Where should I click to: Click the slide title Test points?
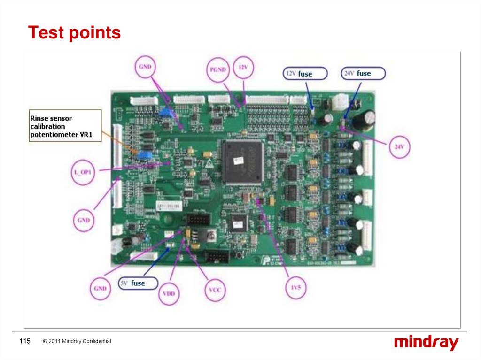74,33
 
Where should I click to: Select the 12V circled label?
243,68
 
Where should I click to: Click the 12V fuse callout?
305,73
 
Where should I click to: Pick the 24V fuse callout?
363,73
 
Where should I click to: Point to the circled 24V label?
399,147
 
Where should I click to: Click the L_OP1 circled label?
85,173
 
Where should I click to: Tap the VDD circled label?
169,293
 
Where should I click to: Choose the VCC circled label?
214,291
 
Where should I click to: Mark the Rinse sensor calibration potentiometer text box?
64,126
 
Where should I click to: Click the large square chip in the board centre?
242,161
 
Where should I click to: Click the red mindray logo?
426,343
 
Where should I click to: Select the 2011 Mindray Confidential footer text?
77,341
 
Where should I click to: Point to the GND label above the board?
145,67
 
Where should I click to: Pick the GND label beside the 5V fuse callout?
100,288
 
